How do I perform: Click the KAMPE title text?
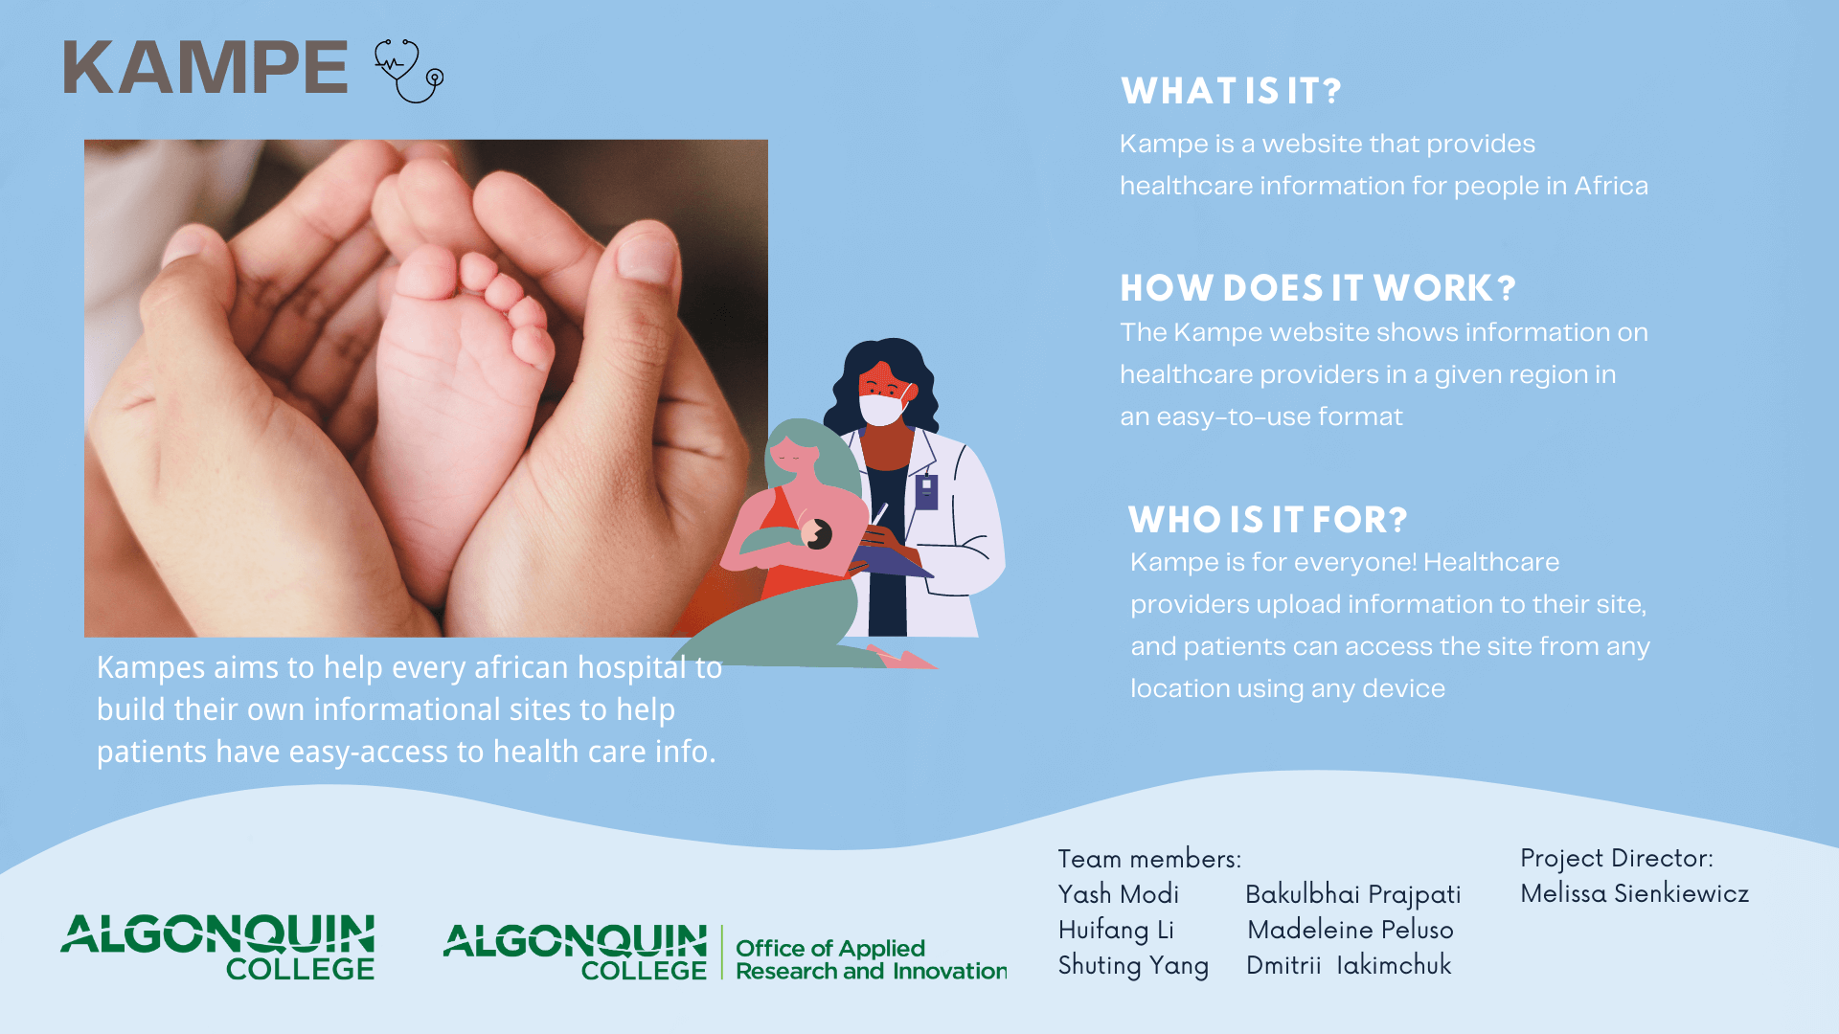click(x=205, y=68)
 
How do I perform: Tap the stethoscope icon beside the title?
click(x=409, y=71)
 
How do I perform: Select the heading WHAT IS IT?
click(x=1231, y=91)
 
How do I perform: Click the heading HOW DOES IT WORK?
click(x=1318, y=288)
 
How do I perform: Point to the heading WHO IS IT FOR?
click(x=1267, y=520)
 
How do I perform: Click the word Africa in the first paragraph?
click(x=1611, y=186)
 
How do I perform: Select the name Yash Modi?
click(x=1119, y=894)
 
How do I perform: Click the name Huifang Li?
click(x=1116, y=931)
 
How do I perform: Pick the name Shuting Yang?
click(x=1133, y=966)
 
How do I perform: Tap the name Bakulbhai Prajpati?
click(x=1353, y=895)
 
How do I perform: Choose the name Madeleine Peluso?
click(x=1351, y=930)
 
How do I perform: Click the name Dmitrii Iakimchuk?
click(x=1349, y=965)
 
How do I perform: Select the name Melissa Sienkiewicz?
click(x=1635, y=893)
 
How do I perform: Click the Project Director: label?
click(x=1617, y=859)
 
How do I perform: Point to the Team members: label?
click(x=1149, y=859)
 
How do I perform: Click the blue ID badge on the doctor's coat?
click(x=926, y=491)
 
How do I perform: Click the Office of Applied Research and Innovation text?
click(x=871, y=959)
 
